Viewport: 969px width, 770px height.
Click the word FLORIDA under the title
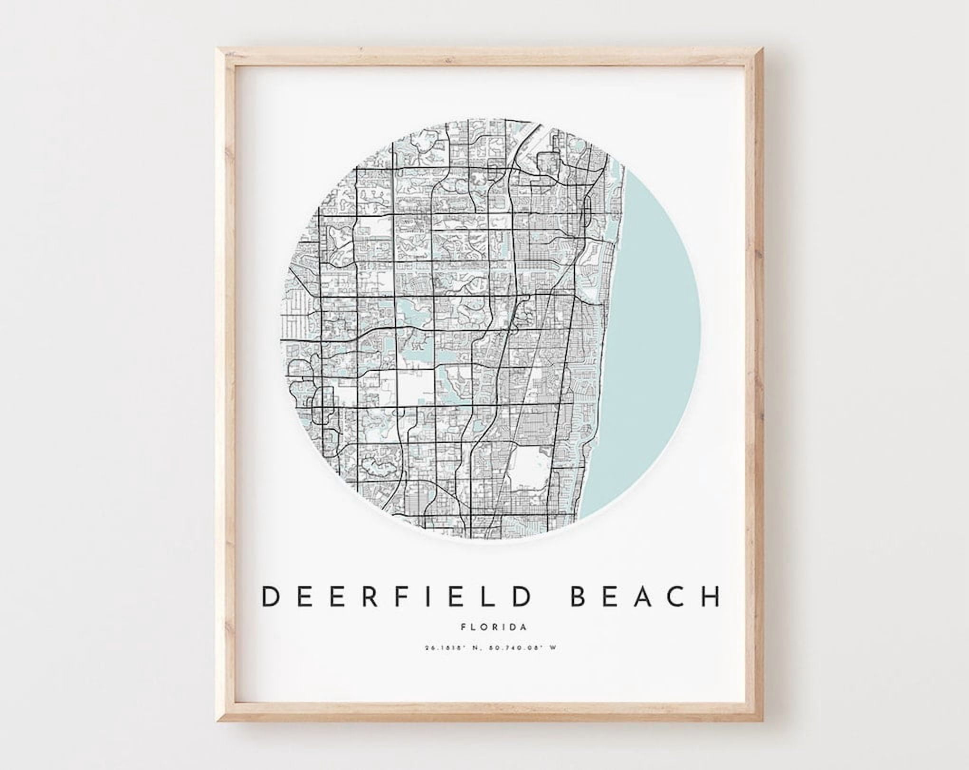pos(494,627)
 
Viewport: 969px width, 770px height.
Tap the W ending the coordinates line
pos(552,647)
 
